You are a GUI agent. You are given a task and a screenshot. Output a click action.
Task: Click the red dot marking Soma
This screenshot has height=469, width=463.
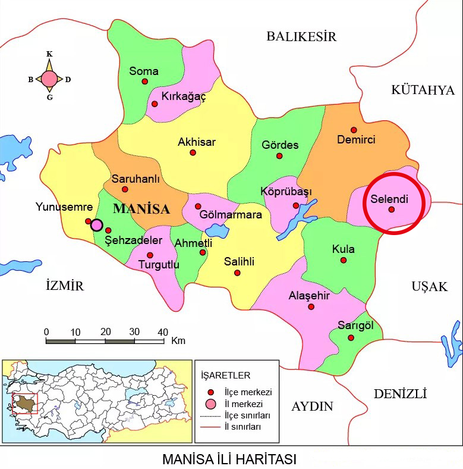click(x=144, y=82)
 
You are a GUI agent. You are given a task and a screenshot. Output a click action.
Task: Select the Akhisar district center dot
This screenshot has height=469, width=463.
click(x=193, y=152)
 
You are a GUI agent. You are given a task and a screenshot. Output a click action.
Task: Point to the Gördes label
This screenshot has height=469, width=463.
click(x=280, y=145)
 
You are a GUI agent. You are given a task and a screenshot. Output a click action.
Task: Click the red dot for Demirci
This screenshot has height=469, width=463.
click(x=354, y=130)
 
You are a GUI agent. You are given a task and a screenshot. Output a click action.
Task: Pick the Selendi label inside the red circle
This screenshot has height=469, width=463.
click(x=389, y=198)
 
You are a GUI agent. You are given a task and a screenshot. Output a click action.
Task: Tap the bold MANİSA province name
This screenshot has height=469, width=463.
click(x=141, y=209)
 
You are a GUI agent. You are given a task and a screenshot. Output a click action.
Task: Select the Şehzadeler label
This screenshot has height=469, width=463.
click(x=134, y=240)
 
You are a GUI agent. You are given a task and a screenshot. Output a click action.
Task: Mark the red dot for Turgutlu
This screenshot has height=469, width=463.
click(x=150, y=255)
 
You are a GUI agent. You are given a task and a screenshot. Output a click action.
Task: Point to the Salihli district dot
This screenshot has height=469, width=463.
click(x=238, y=273)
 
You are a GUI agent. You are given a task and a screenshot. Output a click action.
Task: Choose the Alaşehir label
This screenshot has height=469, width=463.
click(x=309, y=296)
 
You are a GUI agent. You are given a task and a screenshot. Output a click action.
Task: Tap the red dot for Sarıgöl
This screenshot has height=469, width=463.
click(x=351, y=337)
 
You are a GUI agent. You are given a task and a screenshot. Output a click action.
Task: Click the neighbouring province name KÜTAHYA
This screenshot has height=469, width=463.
click(x=423, y=90)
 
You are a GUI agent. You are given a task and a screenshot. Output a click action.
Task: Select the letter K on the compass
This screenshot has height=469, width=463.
click(x=49, y=54)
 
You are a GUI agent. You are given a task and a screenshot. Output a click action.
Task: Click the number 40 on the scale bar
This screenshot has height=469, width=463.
click(x=162, y=332)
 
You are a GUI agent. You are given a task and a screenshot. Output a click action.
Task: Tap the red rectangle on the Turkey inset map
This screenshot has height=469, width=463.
click(x=25, y=403)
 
